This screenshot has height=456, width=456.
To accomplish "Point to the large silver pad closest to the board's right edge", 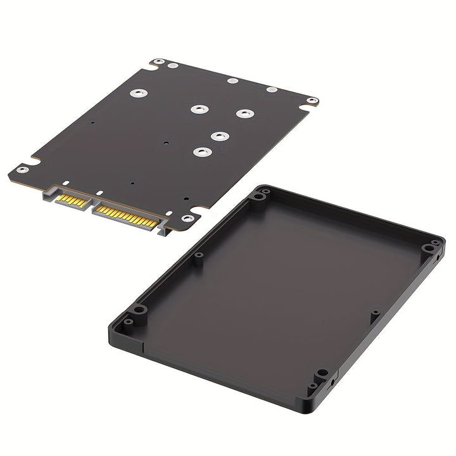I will [x=243, y=113].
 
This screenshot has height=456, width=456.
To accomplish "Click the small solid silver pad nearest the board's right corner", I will [x=271, y=90].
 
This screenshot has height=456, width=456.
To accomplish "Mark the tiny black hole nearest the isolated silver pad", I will [x=92, y=122].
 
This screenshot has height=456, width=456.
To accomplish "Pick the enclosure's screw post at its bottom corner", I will [x=322, y=374].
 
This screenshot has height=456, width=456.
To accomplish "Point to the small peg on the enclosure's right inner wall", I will [x=375, y=313].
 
